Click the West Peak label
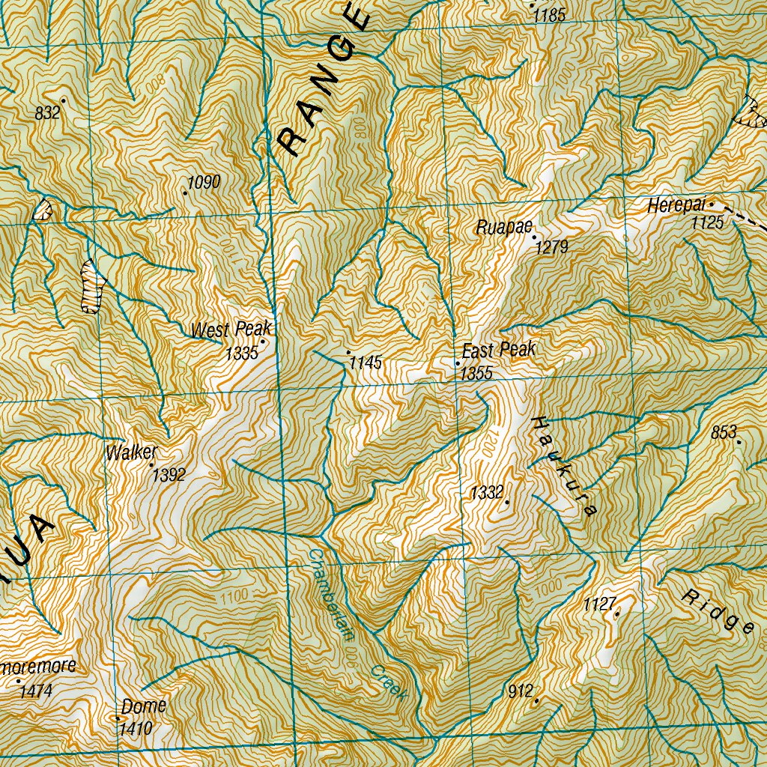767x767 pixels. (x=231, y=330)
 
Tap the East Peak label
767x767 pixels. (x=499, y=350)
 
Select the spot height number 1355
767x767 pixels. (x=476, y=374)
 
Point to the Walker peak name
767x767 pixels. (x=132, y=452)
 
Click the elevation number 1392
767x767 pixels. (x=168, y=474)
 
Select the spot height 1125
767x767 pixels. (x=708, y=222)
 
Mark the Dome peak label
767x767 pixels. (x=144, y=706)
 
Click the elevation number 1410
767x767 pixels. (x=136, y=728)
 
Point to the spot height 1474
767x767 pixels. (x=35, y=691)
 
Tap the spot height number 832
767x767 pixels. (x=47, y=113)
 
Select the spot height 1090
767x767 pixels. (x=204, y=182)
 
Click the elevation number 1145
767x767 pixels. (x=366, y=363)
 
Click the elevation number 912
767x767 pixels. (x=519, y=691)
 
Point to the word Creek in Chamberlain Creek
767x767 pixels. (x=389, y=682)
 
